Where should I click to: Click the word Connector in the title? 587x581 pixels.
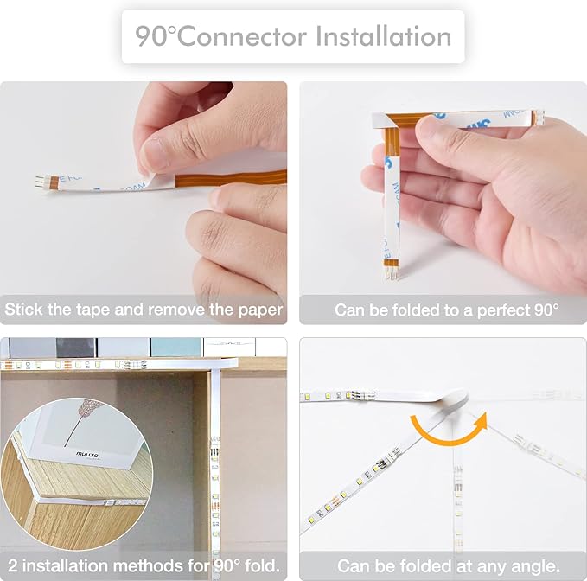tap(241, 36)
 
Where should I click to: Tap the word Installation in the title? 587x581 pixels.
tap(384, 36)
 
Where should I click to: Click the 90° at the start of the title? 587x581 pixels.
tap(156, 36)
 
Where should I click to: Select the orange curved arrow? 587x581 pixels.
tap(449, 429)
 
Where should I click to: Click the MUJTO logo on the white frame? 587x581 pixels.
tap(87, 455)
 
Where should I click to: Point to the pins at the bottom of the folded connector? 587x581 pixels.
tap(392, 274)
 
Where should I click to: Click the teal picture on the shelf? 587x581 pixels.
tap(176, 348)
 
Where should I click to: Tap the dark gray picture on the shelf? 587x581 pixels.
tap(75, 348)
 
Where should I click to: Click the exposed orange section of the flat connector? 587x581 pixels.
tap(231, 178)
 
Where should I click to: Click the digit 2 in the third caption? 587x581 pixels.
tap(12, 565)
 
